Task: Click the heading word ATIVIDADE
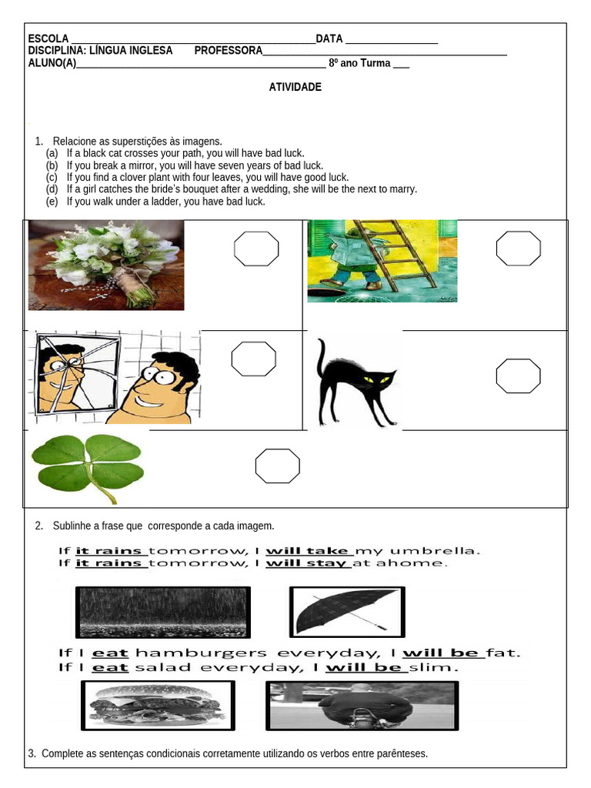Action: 295,88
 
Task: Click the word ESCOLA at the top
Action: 48,39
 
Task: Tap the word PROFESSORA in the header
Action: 228,51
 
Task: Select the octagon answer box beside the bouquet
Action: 256,248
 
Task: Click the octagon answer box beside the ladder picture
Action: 518,248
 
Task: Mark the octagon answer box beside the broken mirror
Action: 254,359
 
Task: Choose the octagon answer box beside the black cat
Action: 518,376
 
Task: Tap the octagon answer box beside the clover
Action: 277,466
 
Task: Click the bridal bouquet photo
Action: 106,265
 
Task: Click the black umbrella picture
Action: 346,612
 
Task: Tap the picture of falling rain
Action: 163,613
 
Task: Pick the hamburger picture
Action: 158,705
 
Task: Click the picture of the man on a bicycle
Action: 362,705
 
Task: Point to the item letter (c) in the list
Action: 52,177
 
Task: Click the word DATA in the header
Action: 329,39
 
